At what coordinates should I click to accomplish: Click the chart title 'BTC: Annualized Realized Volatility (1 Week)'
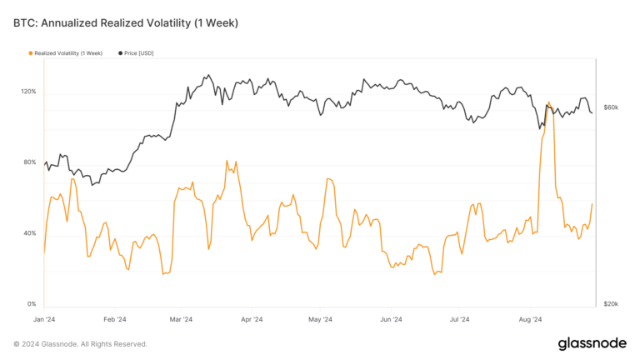click(125, 22)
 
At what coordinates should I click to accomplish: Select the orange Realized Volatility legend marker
click(31, 53)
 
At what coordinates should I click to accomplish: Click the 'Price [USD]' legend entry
click(137, 53)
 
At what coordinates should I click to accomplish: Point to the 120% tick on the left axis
click(28, 92)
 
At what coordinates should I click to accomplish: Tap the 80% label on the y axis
click(30, 162)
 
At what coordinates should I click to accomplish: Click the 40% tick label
click(30, 233)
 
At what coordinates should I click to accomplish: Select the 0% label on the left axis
click(32, 304)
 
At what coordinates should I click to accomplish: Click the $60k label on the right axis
click(611, 107)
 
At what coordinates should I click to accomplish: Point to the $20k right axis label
click(611, 304)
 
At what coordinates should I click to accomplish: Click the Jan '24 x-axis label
click(44, 318)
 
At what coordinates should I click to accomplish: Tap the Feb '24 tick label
click(115, 318)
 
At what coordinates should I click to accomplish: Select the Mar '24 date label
click(181, 318)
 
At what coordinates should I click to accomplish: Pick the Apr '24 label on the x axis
click(251, 318)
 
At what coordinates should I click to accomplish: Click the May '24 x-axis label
click(320, 318)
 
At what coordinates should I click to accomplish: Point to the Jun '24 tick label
click(390, 318)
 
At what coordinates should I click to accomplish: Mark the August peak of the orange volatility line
click(548, 102)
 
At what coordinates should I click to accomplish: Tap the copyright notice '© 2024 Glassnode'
click(80, 343)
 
